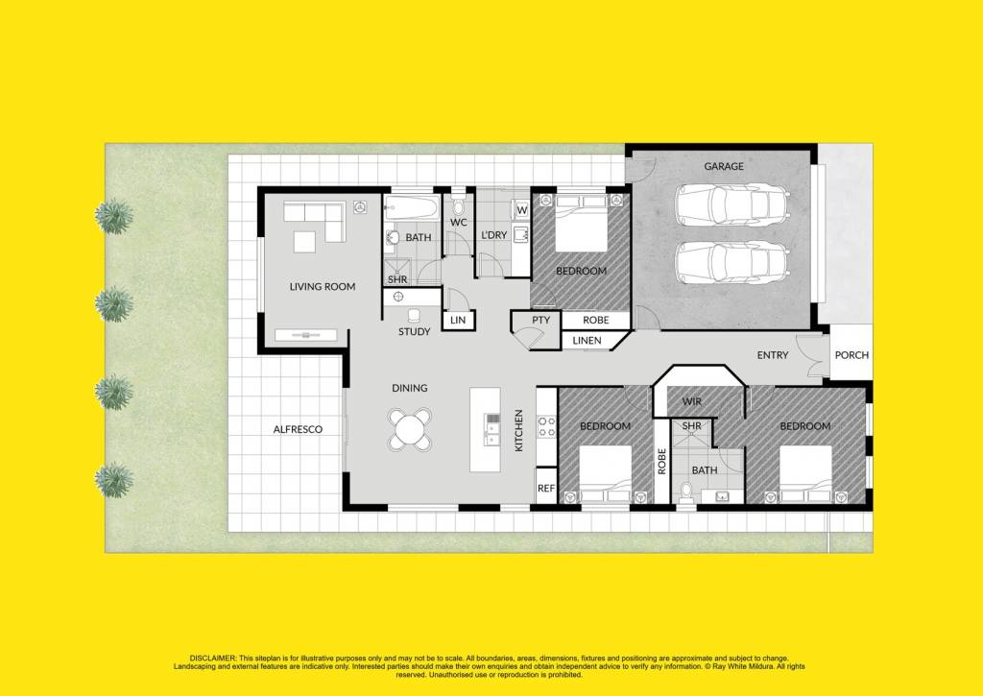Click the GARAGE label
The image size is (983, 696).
[724, 166]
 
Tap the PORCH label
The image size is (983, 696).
[851, 355]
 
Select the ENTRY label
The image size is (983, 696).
[773, 355]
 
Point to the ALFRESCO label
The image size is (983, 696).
[298, 429]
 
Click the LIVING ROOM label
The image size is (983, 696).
[323, 286]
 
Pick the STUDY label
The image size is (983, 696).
[415, 332]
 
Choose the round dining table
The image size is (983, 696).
[410, 429]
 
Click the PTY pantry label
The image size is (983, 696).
[541, 320]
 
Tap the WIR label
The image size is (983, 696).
[691, 401]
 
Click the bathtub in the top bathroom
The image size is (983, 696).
[412, 207]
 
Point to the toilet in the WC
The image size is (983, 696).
[458, 204]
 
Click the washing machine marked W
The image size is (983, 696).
[521, 209]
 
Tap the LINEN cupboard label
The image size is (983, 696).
[587, 341]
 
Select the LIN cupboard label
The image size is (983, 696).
[458, 320]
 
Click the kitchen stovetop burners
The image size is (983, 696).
[546, 427]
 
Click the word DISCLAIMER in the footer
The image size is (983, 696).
[213, 659]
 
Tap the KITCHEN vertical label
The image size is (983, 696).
[518, 430]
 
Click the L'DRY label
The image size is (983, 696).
[493, 235]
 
